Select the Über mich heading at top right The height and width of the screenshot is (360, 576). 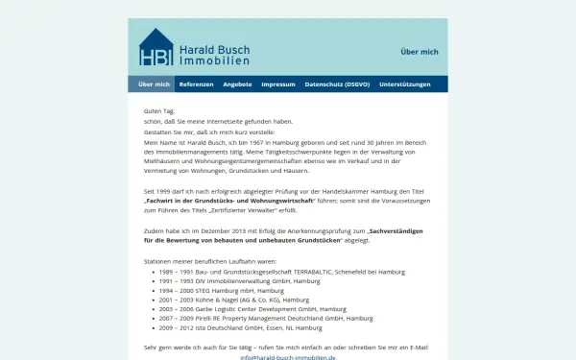420,52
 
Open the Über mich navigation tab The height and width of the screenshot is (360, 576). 154,84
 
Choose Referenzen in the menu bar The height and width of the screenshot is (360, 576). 197,84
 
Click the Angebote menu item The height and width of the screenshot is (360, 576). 237,84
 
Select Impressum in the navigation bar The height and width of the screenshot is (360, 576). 278,84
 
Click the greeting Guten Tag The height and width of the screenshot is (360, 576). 158,111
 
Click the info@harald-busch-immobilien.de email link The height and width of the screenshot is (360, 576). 288,357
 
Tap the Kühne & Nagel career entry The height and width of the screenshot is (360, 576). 226,299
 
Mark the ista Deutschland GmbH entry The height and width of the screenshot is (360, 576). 242,326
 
